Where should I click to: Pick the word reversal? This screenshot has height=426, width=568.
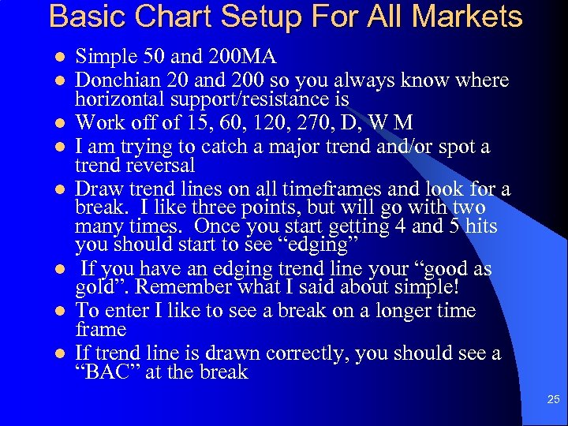[x=158, y=165]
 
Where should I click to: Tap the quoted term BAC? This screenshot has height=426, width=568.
[x=109, y=372]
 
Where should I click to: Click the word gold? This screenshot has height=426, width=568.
[x=96, y=286]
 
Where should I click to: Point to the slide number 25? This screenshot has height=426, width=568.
[x=553, y=401]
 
